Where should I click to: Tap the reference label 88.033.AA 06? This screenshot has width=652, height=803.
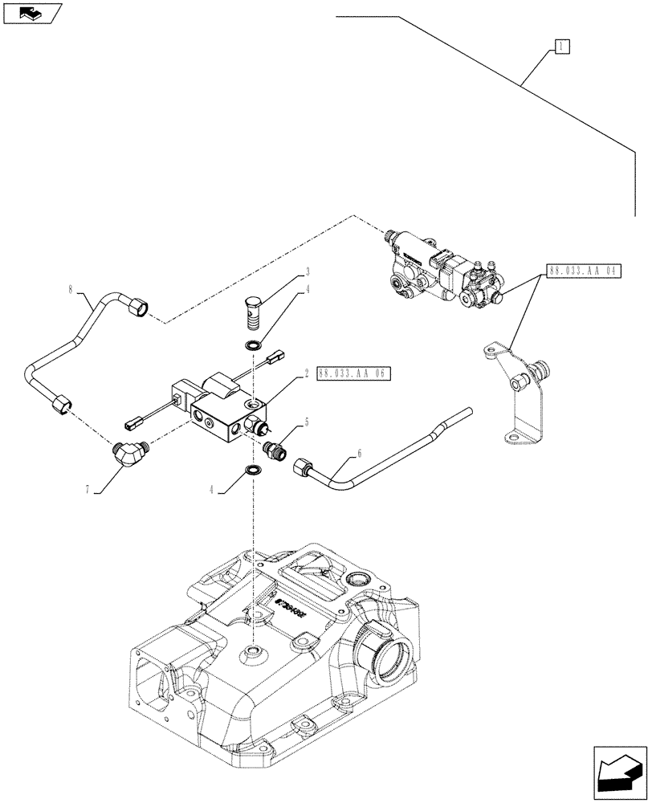352,373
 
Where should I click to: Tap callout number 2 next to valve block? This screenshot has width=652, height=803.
306,373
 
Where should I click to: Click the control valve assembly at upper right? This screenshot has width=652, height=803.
440,269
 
